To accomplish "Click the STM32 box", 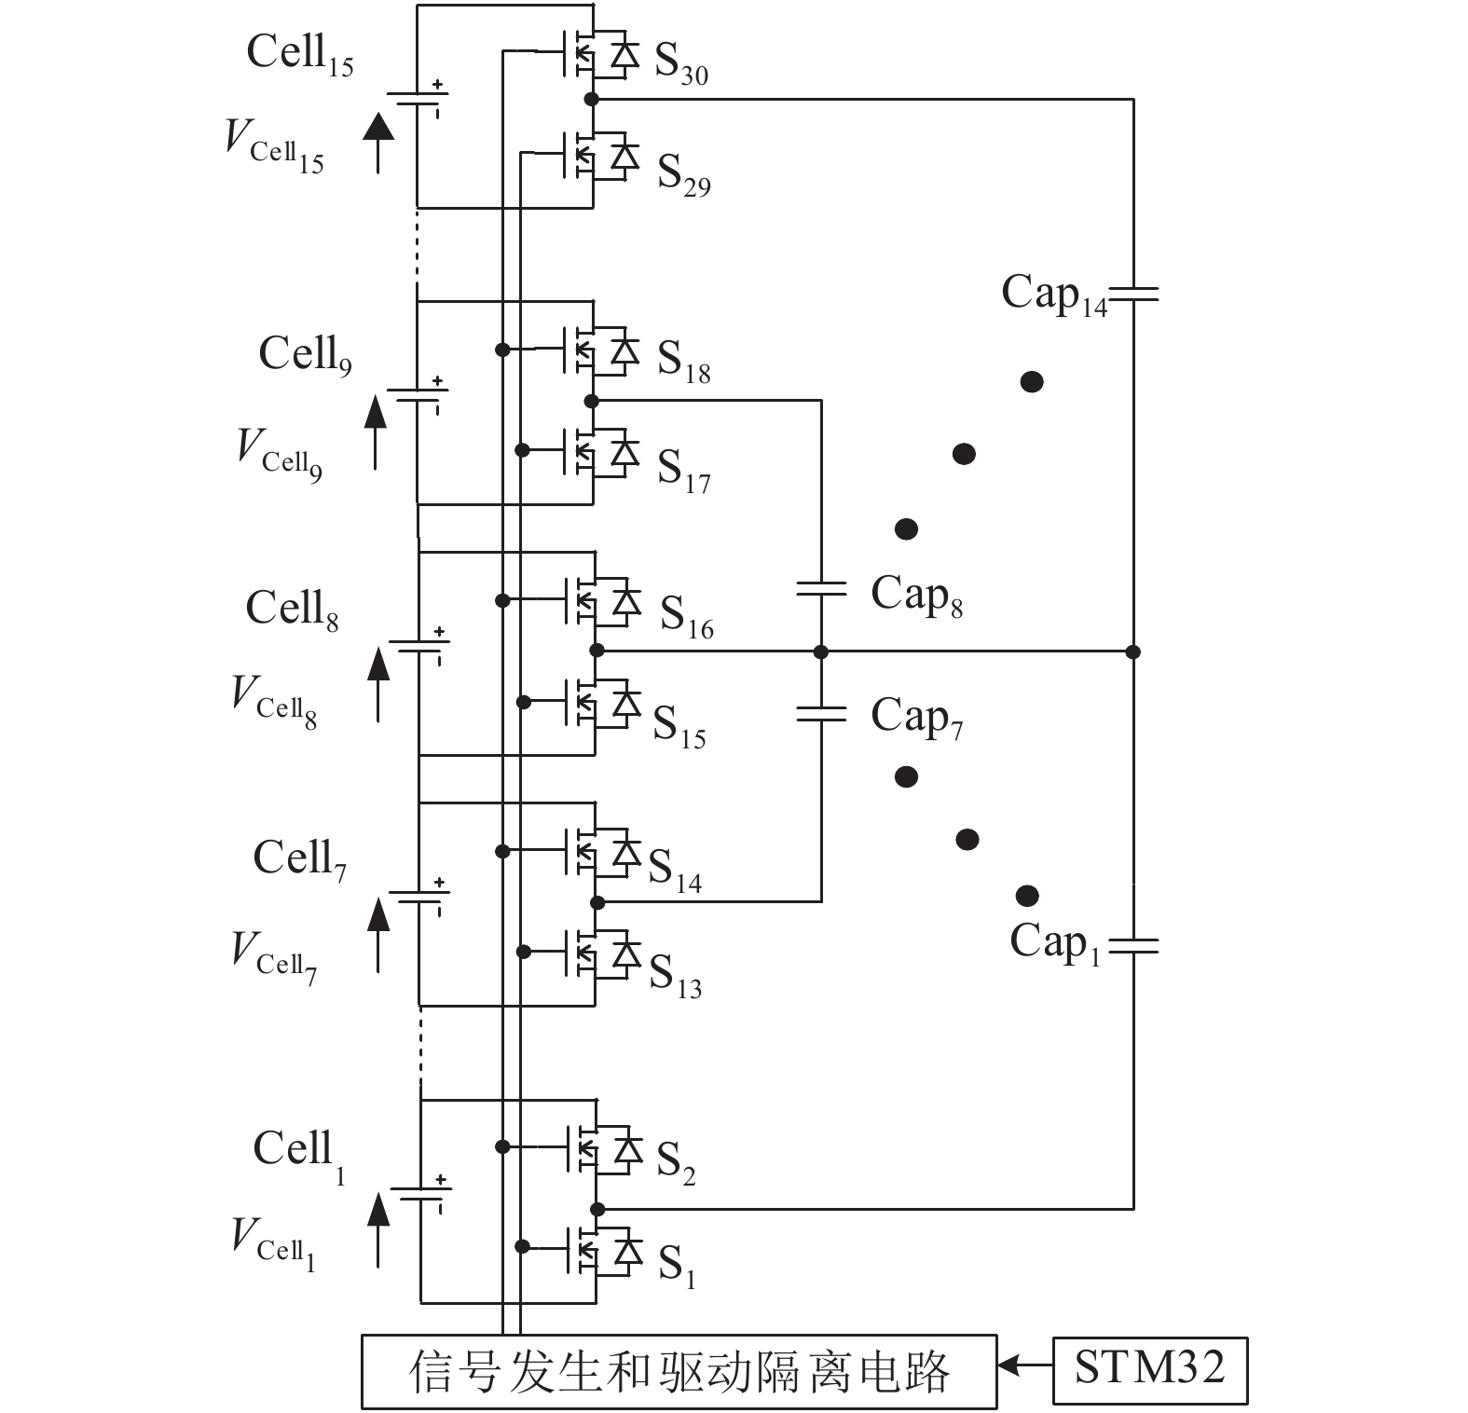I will (1149, 1369).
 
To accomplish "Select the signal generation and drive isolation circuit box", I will (679, 1372).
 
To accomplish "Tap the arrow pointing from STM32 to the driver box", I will (1023, 1367).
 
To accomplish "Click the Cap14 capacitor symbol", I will (1133, 295).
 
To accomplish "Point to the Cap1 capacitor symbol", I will (1133, 946).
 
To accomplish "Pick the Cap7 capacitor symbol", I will (821, 715).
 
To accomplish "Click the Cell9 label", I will (305, 355).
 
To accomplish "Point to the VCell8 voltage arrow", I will (377, 685).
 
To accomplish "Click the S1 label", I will (677, 1266).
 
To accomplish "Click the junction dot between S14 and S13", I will (597, 902).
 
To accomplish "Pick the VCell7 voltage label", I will (273, 956).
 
